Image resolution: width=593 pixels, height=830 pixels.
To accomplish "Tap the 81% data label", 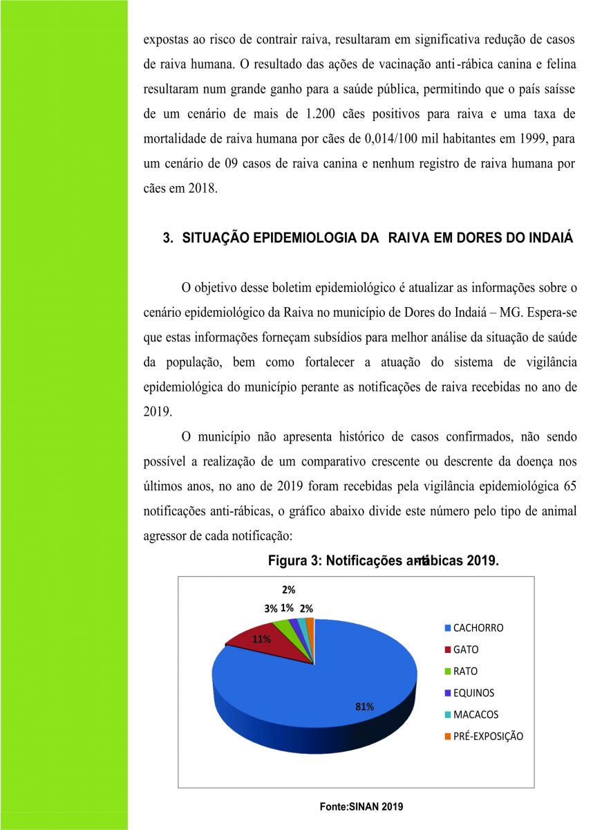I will click(364, 706).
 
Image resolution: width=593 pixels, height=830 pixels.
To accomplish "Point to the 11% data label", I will click(261, 639).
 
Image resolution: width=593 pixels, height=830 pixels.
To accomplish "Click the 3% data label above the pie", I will click(270, 609).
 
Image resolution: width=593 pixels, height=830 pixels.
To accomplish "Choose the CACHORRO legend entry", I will click(478, 628).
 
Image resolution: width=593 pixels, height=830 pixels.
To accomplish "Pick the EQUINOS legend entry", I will click(473, 692).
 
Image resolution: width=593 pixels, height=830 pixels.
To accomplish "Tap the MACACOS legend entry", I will click(476, 714).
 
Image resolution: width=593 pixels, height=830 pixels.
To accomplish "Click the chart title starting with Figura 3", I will click(383, 561).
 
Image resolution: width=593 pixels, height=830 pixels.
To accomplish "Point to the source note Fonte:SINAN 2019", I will click(361, 806).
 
